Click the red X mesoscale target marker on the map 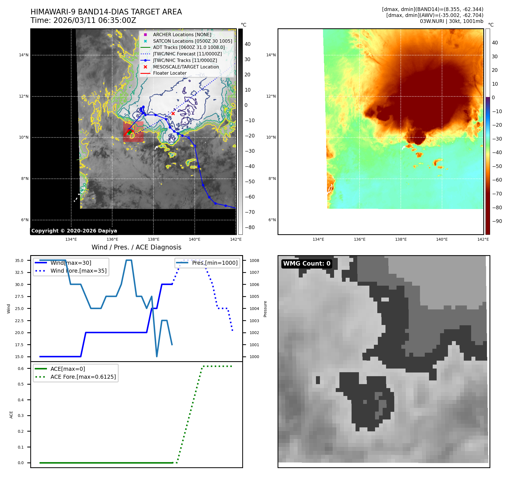[x=173, y=113]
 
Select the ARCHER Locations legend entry [x=182, y=35]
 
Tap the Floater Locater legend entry [x=170, y=73]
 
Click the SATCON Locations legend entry [x=192, y=41]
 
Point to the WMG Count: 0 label [x=307, y=263]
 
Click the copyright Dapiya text [x=74, y=231]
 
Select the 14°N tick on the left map [x=24, y=55]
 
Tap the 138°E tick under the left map [x=153, y=239]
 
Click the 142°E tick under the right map [x=483, y=239]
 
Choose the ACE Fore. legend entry [x=83, y=377]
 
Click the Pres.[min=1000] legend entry [x=215, y=263]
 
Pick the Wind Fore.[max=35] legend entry [x=79, y=271]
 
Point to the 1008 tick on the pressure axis [x=254, y=260]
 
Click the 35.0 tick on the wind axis [x=19, y=260]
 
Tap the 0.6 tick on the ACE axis [x=21, y=369]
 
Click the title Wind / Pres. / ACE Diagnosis [x=136, y=247]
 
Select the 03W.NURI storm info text [x=451, y=21]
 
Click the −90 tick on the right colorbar [x=497, y=221]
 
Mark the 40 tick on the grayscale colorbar [x=248, y=44]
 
